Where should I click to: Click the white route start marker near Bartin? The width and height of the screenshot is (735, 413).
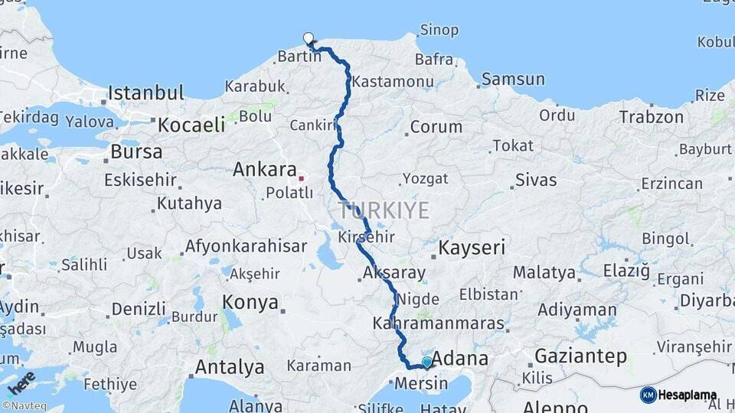(x=309, y=38)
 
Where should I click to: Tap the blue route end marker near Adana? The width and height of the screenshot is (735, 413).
(x=426, y=362)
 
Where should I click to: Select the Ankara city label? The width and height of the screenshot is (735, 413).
(x=265, y=168)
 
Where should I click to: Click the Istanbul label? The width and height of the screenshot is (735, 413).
(x=145, y=93)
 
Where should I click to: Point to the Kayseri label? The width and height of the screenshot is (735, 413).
(x=472, y=248)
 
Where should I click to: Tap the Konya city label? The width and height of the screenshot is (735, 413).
(x=250, y=303)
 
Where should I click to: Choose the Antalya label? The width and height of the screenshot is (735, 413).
(x=230, y=367)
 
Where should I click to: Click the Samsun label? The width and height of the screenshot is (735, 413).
(x=513, y=80)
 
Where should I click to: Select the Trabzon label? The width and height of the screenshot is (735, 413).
(x=651, y=117)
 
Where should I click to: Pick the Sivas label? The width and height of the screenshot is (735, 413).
(x=536, y=181)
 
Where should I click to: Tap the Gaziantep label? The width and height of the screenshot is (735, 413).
(x=580, y=356)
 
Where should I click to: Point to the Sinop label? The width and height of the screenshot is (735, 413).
(x=439, y=31)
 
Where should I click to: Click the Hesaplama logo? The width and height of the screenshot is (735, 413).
(x=678, y=395)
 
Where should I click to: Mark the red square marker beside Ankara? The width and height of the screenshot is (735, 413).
(x=301, y=178)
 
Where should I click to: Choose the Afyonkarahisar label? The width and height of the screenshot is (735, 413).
(x=245, y=246)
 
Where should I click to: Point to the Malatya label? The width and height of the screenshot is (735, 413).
(x=544, y=272)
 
